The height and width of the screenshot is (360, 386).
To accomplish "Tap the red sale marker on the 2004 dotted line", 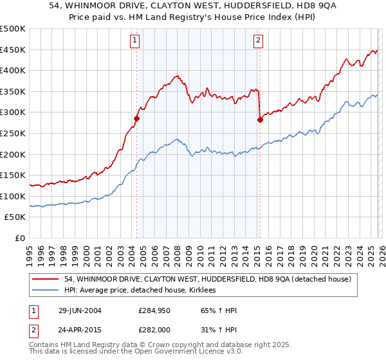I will (136, 118).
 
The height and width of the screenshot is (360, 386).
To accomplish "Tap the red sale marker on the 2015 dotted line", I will (260, 120).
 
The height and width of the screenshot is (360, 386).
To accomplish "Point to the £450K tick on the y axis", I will (13, 50).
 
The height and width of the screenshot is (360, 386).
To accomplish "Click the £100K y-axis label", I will (13, 196).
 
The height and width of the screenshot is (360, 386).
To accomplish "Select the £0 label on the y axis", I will (21, 238).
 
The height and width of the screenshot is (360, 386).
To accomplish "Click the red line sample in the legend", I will (46, 279).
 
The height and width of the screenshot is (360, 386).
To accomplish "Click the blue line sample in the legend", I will (46, 291).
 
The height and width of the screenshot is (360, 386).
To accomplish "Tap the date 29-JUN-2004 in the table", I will (79, 310).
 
